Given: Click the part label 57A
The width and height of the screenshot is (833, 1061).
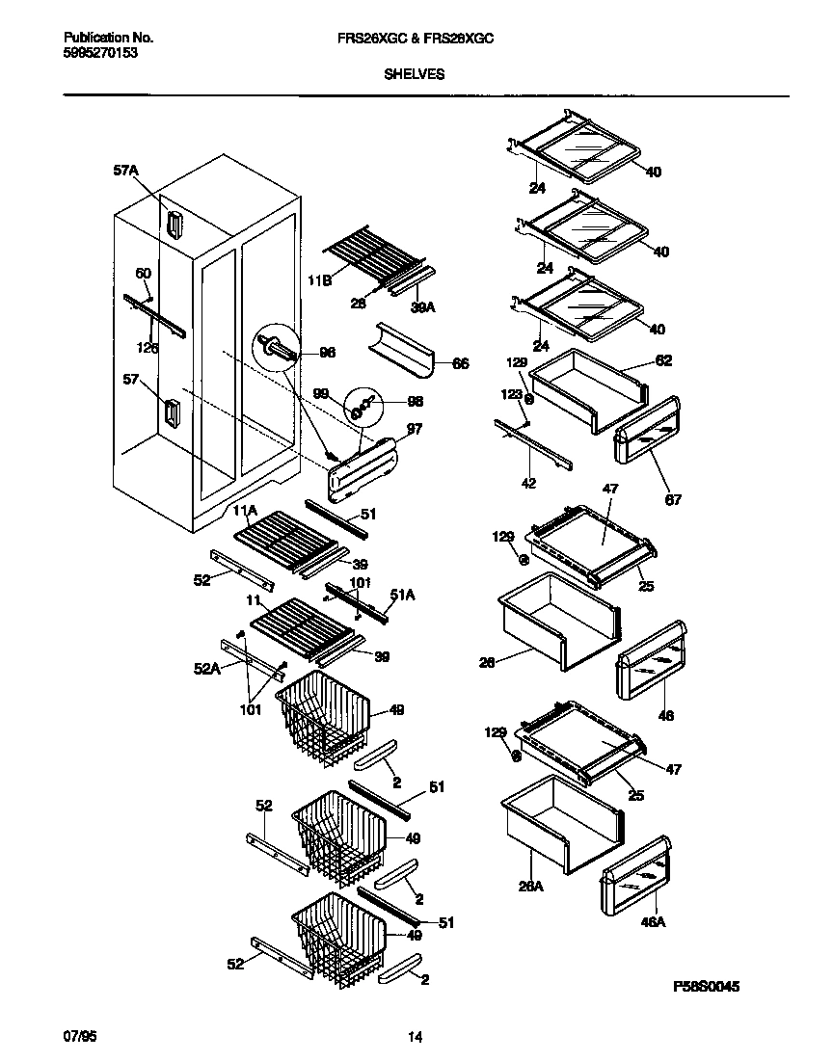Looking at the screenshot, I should pos(126,171).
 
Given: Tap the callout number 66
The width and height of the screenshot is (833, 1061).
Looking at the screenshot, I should pos(460,363).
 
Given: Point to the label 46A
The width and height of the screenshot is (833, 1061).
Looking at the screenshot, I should pos(654,922).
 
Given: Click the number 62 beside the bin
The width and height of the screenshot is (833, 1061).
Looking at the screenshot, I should pos(663,360).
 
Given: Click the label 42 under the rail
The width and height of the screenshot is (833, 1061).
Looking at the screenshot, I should pos(528,483).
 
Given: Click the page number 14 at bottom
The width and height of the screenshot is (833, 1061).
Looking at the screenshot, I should pos(415,1038).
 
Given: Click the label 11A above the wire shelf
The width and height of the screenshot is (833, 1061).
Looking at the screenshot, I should pos(245,509).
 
